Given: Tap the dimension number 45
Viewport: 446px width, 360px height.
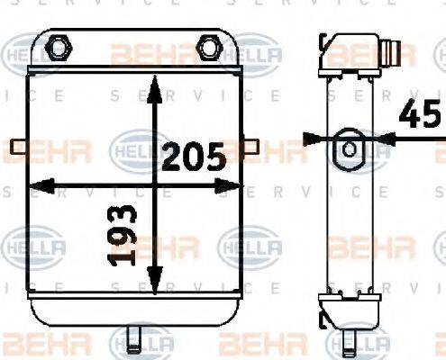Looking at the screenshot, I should (422, 117).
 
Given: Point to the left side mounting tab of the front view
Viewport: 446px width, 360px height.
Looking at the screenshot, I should (19, 146).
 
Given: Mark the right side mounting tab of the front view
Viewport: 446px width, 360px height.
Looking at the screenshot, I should (250, 146).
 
